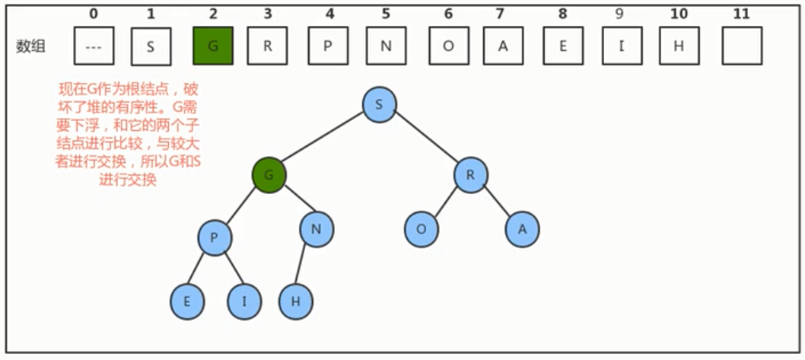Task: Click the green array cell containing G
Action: tap(213, 46)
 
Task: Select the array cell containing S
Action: tap(151, 46)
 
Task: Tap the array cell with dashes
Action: tap(94, 46)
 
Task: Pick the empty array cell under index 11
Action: tap(742, 46)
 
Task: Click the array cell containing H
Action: tap(679, 46)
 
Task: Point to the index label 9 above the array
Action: tap(619, 14)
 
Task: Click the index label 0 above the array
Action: tap(93, 14)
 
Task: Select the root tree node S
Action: tap(380, 105)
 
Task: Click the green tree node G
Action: tap(269, 175)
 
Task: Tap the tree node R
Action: tap(471, 175)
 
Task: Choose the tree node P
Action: tap(215, 238)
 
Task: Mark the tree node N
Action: tap(317, 230)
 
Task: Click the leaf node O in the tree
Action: tap(422, 230)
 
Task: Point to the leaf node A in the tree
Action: tap(523, 230)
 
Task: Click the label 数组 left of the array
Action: tap(30, 46)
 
